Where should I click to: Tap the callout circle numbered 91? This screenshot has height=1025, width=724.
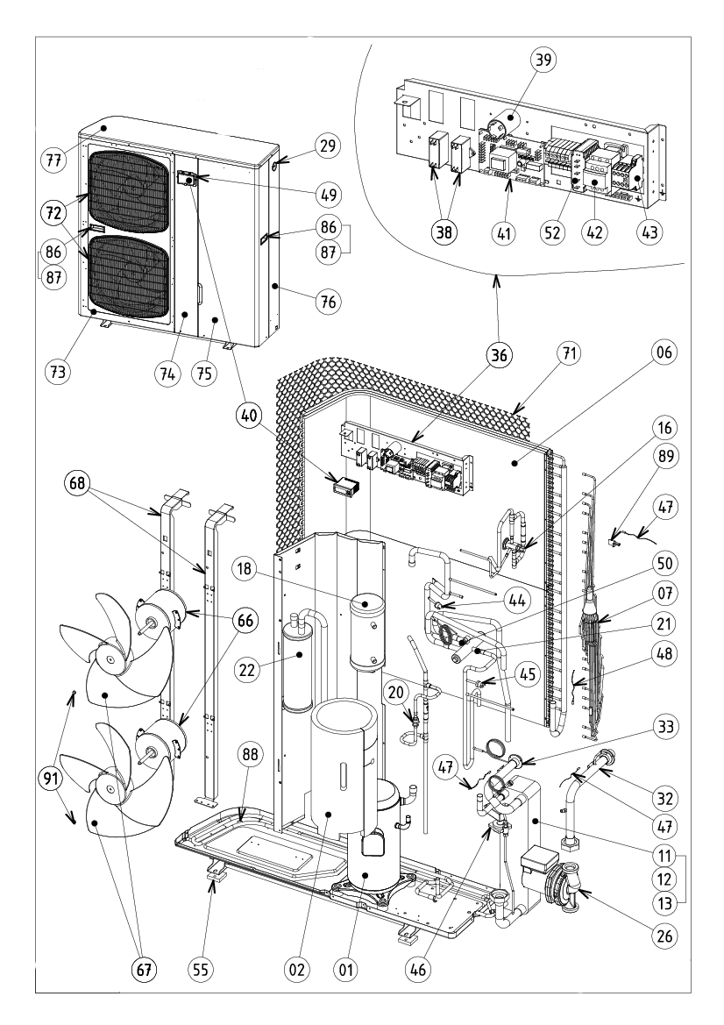tap(57, 777)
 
